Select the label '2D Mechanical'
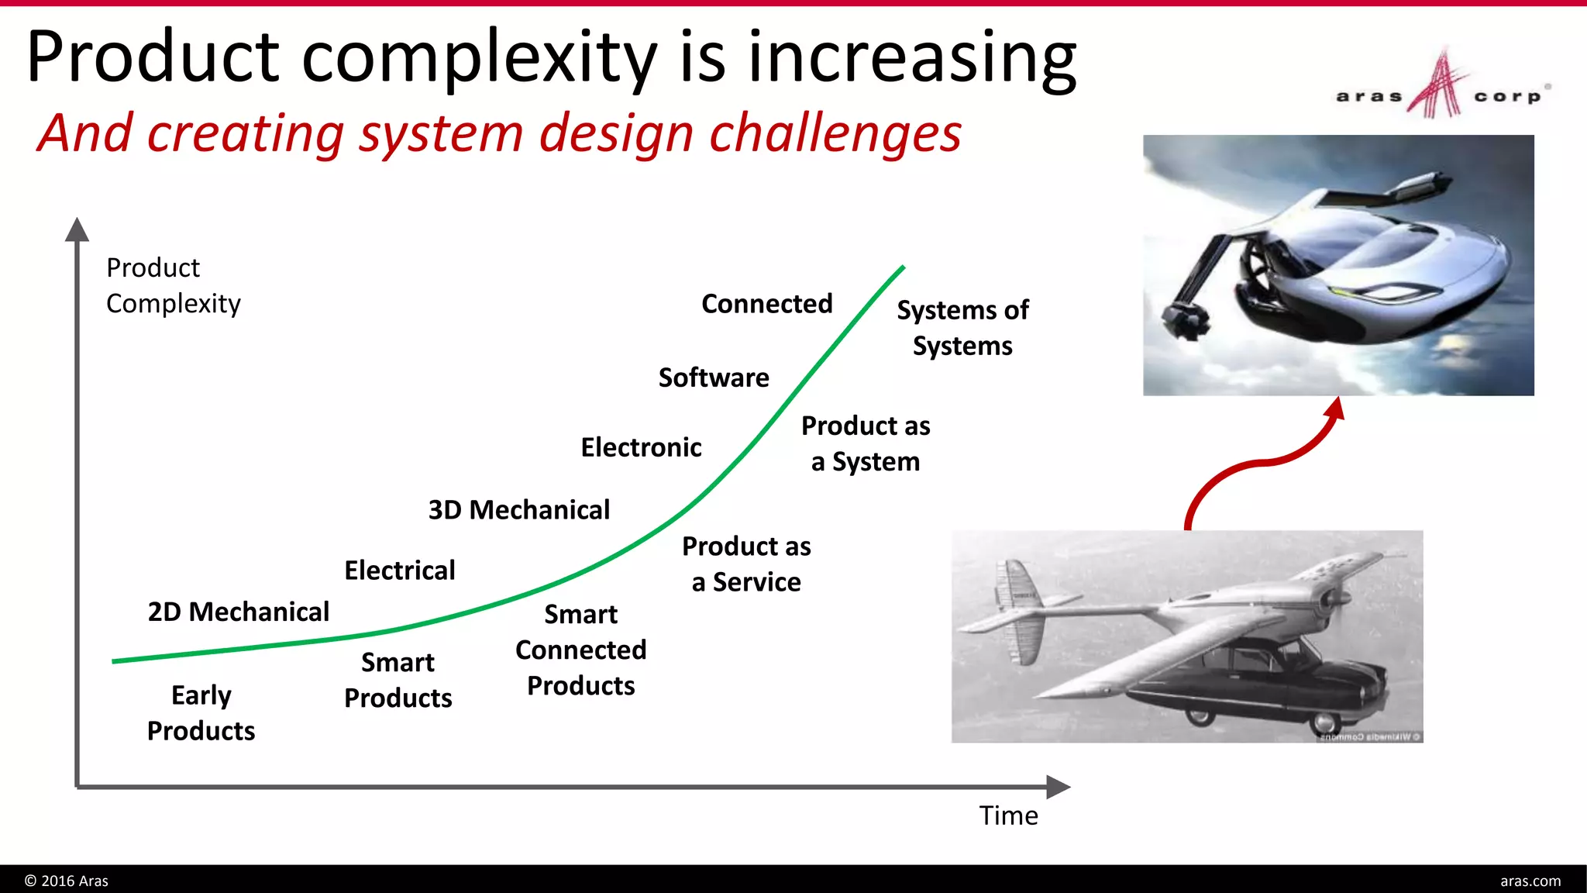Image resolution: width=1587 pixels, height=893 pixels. (x=238, y=612)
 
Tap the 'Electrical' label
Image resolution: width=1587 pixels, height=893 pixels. (x=399, y=571)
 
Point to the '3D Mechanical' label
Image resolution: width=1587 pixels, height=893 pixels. (x=518, y=510)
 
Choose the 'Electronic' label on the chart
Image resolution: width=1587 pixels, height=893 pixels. (x=641, y=447)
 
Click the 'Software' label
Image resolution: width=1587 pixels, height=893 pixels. (x=713, y=378)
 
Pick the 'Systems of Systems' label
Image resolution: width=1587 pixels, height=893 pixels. (x=962, y=327)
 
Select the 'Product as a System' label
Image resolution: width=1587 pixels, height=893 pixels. (x=865, y=443)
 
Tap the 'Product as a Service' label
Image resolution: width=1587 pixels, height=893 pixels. (x=745, y=564)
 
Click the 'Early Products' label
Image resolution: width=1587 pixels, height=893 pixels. (x=201, y=712)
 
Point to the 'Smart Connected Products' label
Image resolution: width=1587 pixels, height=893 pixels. (x=580, y=650)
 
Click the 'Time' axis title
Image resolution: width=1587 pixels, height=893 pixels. (x=1007, y=815)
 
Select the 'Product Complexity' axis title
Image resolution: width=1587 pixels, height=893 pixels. (x=173, y=285)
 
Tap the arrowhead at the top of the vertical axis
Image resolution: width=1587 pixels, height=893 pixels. (x=77, y=229)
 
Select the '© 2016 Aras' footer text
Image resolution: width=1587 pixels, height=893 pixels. (x=67, y=881)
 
